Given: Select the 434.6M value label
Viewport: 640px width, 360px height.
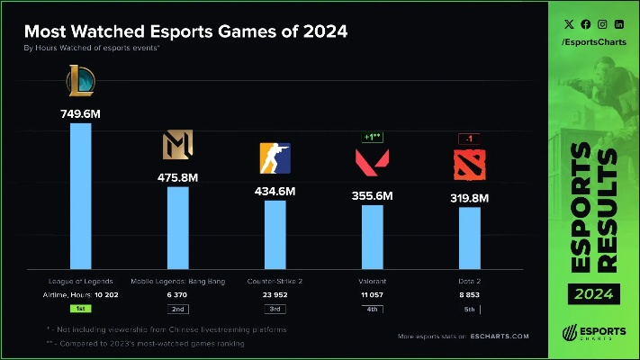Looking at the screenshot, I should [x=275, y=191].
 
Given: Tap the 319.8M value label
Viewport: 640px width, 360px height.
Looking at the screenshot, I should [x=469, y=198].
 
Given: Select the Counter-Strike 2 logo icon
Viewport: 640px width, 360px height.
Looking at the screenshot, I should [x=275, y=159].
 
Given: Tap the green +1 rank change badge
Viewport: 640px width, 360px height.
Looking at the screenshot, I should [x=372, y=138].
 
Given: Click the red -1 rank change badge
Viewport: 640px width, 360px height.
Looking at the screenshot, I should [x=469, y=139].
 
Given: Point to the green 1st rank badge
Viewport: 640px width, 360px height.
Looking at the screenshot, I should [x=81, y=309].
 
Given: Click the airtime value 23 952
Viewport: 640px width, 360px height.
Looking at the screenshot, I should [x=275, y=295].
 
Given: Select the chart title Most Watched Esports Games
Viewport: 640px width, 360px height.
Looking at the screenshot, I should [x=185, y=32].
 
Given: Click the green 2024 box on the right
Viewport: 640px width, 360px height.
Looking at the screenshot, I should [x=596, y=292].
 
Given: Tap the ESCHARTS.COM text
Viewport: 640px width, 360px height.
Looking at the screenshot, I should [x=498, y=337].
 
